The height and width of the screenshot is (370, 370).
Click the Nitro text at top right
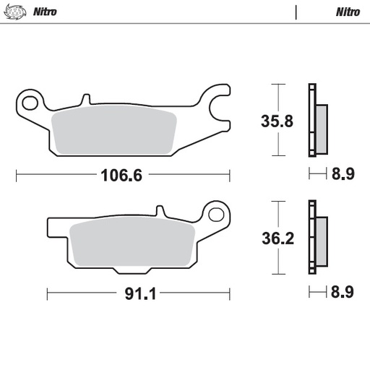pos(349,12)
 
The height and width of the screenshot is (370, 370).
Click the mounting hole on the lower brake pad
pos(215,215)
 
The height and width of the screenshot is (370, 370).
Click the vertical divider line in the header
pos(296,12)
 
